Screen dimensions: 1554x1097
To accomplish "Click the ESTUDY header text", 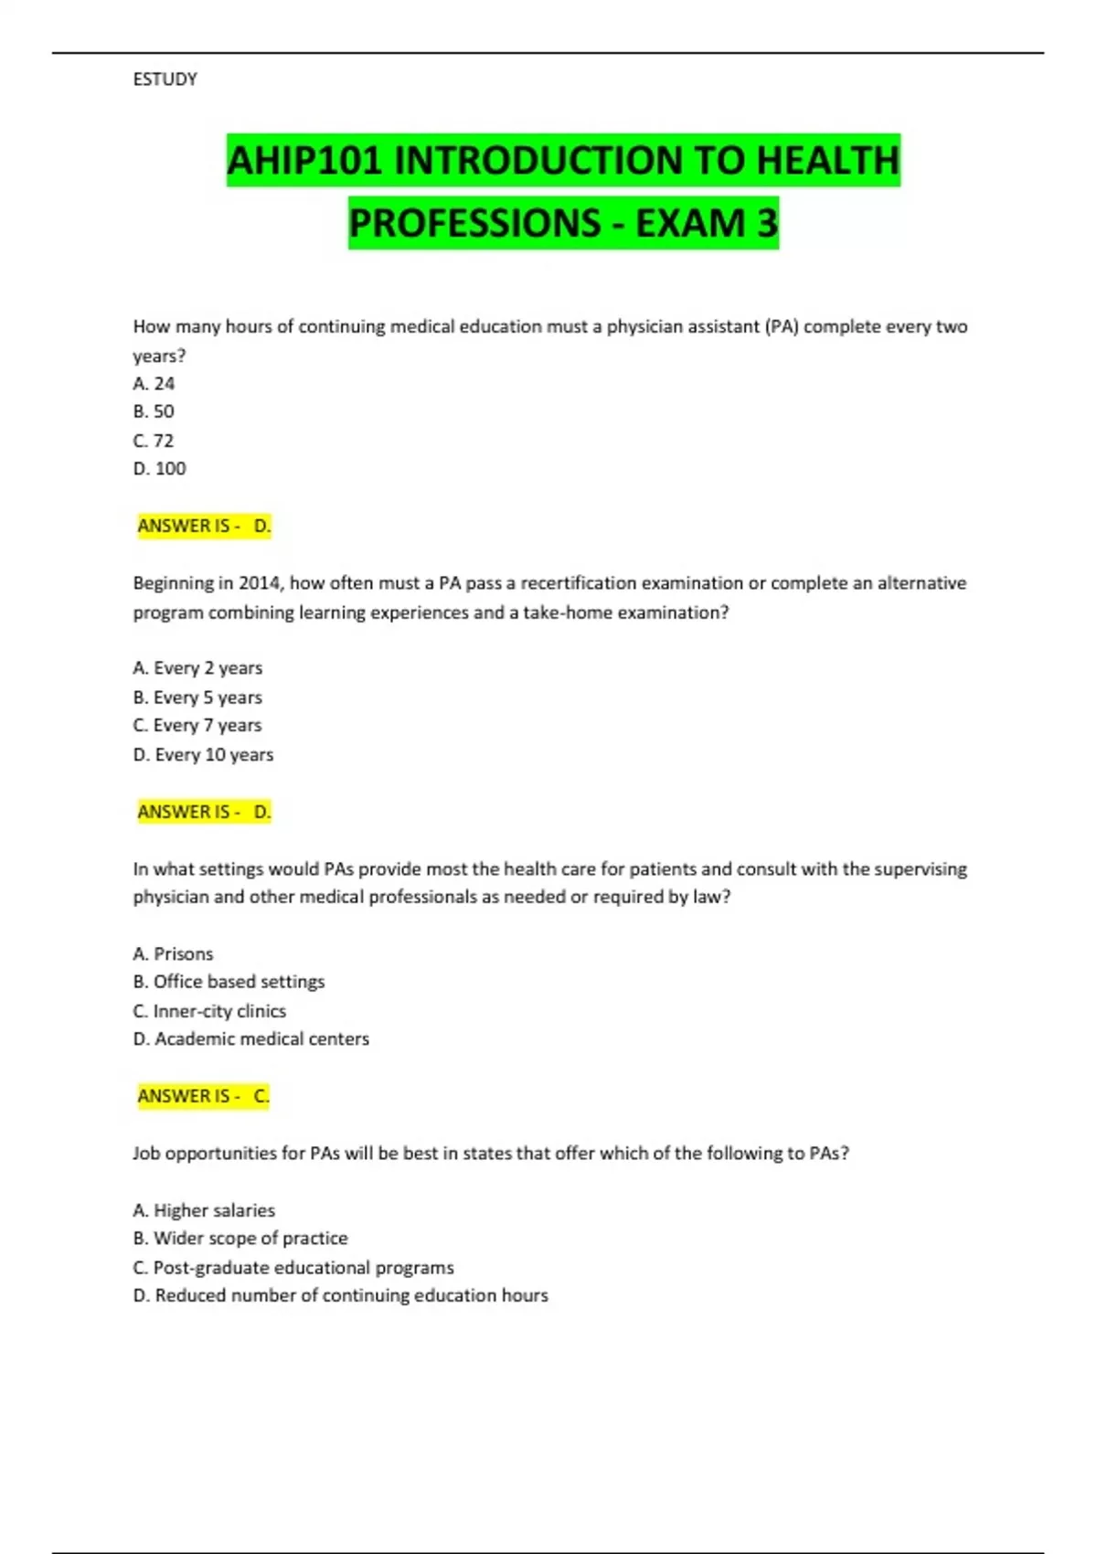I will click(165, 80).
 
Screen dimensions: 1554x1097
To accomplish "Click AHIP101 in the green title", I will click(304, 161).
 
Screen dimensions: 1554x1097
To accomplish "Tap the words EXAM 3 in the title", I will click(707, 223).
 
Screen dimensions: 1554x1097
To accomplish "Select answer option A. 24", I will click(154, 384).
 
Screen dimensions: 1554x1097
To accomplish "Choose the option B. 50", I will click(154, 412).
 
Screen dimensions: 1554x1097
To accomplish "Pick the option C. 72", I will click(154, 441).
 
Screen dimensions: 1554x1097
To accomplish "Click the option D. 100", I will click(159, 469).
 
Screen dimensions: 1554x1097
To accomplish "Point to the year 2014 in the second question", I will click(260, 583).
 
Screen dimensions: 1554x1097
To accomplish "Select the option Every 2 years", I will click(197, 668).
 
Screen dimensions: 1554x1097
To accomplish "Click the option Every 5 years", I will click(197, 697).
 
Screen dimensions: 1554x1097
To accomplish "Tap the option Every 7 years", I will click(197, 726).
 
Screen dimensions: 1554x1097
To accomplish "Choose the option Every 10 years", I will click(203, 755).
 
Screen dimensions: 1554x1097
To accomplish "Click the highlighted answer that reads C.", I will click(261, 1096).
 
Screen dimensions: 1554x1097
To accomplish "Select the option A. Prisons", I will click(173, 954).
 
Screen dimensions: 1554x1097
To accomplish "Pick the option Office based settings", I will click(229, 982).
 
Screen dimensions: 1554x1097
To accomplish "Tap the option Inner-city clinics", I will click(209, 1011).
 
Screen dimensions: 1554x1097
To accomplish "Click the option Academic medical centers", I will click(250, 1039).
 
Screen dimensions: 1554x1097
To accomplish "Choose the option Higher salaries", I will click(204, 1210).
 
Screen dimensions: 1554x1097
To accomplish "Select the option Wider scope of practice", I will click(240, 1239).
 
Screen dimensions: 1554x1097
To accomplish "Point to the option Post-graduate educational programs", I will click(293, 1268).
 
